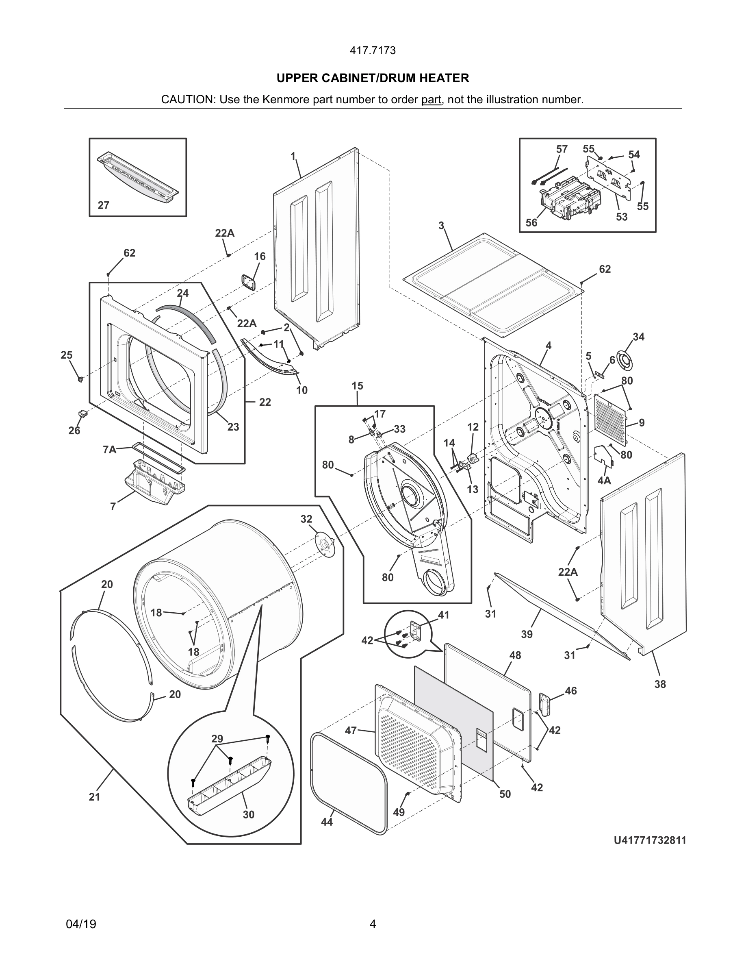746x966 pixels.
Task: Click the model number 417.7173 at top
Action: tap(373, 50)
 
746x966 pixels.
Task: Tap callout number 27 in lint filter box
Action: tap(104, 205)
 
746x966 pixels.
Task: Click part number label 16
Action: tap(260, 257)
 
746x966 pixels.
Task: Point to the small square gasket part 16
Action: tap(249, 282)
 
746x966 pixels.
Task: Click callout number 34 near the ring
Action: tap(638, 337)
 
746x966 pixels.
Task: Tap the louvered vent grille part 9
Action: tap(610, 419)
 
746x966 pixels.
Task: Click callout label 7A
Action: tap(109, 450)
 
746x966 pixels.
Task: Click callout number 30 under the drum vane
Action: tap(248, 814)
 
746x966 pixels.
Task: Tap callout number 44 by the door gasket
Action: tap(327, 822)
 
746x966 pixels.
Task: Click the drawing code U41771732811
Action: tap(649, 840)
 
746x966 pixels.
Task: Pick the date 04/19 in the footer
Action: tap(81, 924)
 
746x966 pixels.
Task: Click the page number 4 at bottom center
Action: tap(373, 924)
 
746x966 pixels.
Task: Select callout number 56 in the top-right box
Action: tap(531, 223)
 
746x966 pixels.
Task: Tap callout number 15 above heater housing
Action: tap(357, 386)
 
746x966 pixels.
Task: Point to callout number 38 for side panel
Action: tap(660, 684)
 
